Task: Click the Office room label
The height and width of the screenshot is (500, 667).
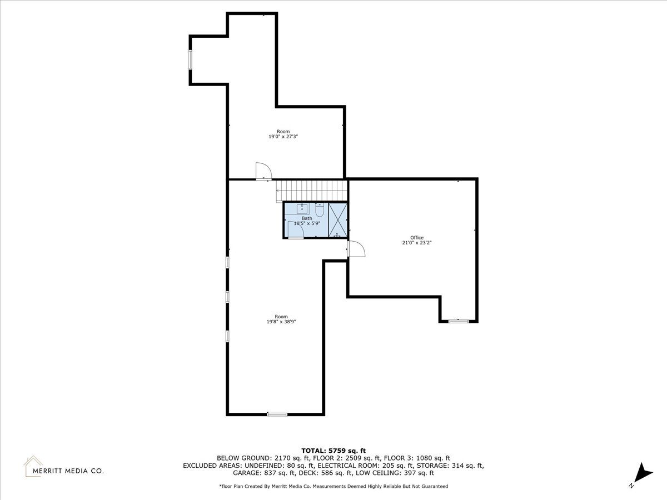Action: (417, 238)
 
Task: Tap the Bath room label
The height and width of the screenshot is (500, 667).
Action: (307, 218)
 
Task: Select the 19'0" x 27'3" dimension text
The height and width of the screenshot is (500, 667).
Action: (283, 137)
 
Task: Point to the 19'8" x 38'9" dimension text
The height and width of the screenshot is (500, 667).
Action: (281, 322)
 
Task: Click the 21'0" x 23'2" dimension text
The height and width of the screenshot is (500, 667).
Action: (417, 243)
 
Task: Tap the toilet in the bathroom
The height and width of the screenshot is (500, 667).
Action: (320, 210)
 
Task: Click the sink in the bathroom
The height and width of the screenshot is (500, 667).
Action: (302, 208)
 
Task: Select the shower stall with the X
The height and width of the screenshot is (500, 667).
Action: (337, 220)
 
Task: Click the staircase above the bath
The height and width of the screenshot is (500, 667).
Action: (312, 191)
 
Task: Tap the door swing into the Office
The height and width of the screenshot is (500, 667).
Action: (356, 249)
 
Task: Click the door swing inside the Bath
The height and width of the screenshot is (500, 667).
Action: (296, 229)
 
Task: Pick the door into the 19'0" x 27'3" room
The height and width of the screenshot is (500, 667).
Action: (263, 172)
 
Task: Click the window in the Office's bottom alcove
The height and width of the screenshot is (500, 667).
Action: (459, 321)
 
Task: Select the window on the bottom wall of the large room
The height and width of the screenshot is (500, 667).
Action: (277, 414)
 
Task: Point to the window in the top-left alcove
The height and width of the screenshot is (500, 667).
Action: (191, 60)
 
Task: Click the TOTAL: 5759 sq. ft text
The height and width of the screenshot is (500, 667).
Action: (333, 451)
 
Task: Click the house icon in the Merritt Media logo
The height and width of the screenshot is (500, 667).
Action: (33, 466)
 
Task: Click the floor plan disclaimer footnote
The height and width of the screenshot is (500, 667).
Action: (333, 486)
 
